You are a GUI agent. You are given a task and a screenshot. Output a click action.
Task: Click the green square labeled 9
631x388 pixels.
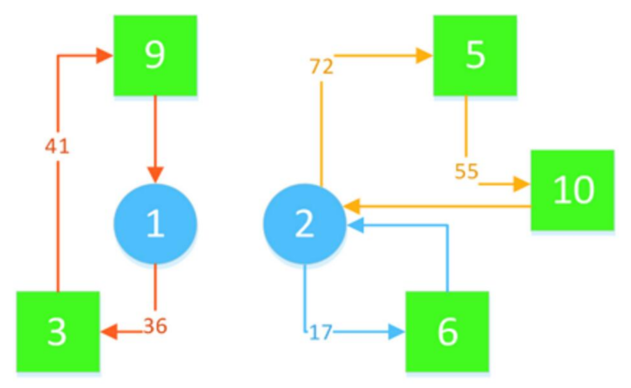(x=155, y=55)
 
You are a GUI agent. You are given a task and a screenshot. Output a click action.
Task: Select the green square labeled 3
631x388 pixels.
(x=58, y=331)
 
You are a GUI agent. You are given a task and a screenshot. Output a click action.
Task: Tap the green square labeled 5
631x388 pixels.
(x=475, y=55)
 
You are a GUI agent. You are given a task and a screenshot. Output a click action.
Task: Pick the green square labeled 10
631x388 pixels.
(x=572, y=190)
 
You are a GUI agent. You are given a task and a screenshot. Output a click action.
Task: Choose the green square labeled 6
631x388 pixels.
(x=447, y=331)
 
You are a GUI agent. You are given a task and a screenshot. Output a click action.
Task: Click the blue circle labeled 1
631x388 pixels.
(x=155, y=224)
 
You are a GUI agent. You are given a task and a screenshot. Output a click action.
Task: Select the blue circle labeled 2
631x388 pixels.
(x=304, y=224)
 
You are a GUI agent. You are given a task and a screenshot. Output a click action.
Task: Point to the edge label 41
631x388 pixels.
(x=57, y=146)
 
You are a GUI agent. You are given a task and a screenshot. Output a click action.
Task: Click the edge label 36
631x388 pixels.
(x=155, y=326)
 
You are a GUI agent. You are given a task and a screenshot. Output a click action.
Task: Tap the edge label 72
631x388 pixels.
(x=321, y=67)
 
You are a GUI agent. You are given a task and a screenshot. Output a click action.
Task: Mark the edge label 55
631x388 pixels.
(x=466, y=171)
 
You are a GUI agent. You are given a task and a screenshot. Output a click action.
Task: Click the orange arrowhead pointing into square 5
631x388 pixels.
(x=423, y=55)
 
